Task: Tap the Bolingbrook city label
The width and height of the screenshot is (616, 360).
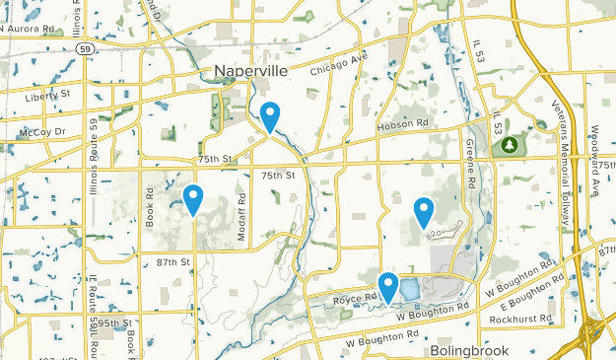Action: [469, 351]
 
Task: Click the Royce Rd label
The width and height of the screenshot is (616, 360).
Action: [355, 296]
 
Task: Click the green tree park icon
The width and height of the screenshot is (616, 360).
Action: [510, 145]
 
